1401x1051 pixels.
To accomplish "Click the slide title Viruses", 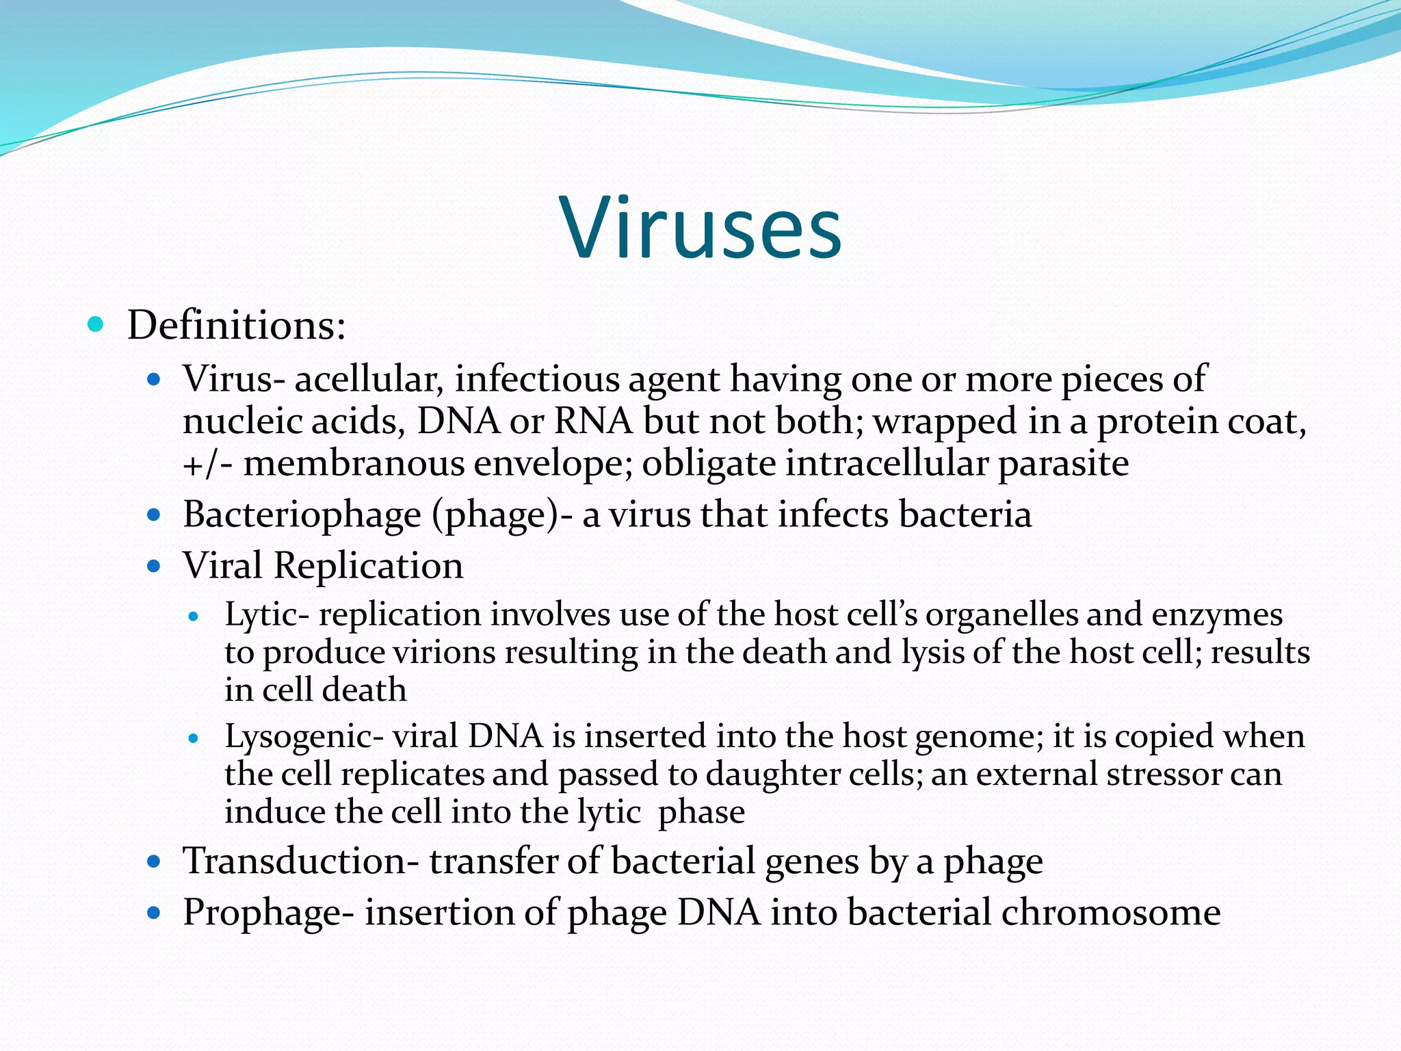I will [x=701, y=229].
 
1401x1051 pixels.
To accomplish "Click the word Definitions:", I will [x=236, y=325].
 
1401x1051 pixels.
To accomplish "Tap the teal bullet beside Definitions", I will [x=96, y=324].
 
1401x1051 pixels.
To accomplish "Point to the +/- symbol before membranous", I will [x=207, y=464].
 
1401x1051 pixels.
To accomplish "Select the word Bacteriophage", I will [x=301, y=515].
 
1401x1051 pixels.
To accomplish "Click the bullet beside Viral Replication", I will [x=154, y=566].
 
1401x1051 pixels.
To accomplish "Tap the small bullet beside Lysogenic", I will [x=194, y=738].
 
